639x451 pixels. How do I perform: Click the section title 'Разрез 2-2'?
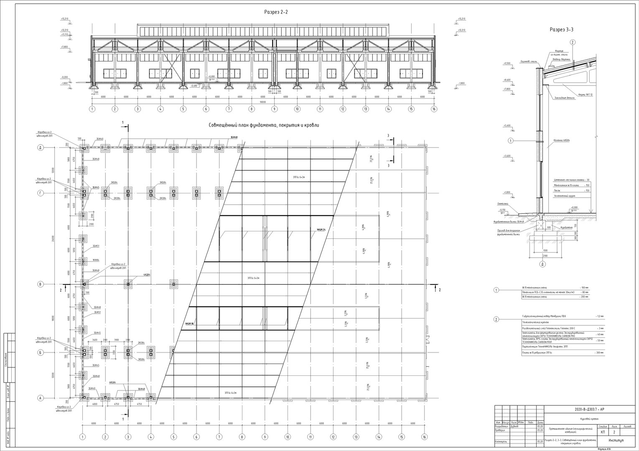276,12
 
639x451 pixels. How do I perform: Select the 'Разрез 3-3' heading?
561,30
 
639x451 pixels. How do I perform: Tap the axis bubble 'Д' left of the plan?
41,148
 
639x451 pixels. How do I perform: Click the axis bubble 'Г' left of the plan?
41,193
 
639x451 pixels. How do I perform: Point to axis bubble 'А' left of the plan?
41,398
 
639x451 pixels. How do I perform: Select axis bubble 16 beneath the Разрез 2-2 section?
434,109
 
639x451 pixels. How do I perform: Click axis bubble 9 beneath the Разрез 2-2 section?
274,109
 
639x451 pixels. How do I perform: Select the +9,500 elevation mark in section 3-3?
507,63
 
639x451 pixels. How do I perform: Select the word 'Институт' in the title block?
616,441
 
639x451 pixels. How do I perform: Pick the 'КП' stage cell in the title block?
602,433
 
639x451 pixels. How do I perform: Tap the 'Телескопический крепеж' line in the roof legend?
535,322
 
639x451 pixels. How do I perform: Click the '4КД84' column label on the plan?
147,275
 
